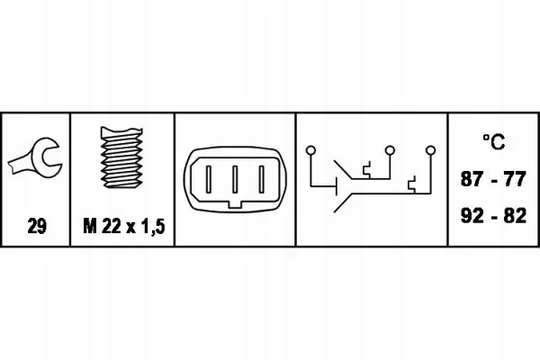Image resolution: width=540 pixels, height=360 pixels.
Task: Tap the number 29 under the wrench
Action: click(x=37, y=226)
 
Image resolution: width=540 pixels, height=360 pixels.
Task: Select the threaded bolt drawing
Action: click(x=121, y=157)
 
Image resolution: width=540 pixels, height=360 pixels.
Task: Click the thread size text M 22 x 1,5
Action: click(x=124, y=226)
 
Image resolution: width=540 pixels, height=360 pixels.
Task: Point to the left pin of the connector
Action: click(x=209, y=179)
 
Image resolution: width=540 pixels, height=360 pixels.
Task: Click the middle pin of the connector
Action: click(x=235, y=179)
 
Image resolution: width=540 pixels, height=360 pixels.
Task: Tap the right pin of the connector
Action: click(x=262, y=179)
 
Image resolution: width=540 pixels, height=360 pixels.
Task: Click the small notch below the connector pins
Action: click(x=235, y=204)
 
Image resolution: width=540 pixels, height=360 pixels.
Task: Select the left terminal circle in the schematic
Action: click(x=310, y=150)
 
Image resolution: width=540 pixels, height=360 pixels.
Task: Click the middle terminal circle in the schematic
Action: click(x=390, y=150)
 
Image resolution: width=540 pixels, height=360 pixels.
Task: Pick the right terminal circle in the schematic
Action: click(x=430, y=150)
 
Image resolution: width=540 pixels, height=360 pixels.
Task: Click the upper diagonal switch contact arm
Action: click(x=343, y=170)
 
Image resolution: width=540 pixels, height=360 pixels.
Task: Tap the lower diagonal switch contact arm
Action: click(x=343, y=202)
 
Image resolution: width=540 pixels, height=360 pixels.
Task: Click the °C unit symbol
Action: click(x=494, y=141)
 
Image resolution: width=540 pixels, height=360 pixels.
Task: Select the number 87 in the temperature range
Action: click(x=471, y=179)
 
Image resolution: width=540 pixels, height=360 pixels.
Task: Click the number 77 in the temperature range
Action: click(x=515, y=179)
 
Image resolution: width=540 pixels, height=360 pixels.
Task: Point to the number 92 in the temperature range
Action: click(x=471, y=216)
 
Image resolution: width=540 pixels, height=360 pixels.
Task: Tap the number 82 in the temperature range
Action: click(x=515, y=216)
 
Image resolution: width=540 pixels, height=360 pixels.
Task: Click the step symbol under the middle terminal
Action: click(x=366, y=170)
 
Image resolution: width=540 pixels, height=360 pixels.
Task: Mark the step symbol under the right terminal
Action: click(x=412, y=184)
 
